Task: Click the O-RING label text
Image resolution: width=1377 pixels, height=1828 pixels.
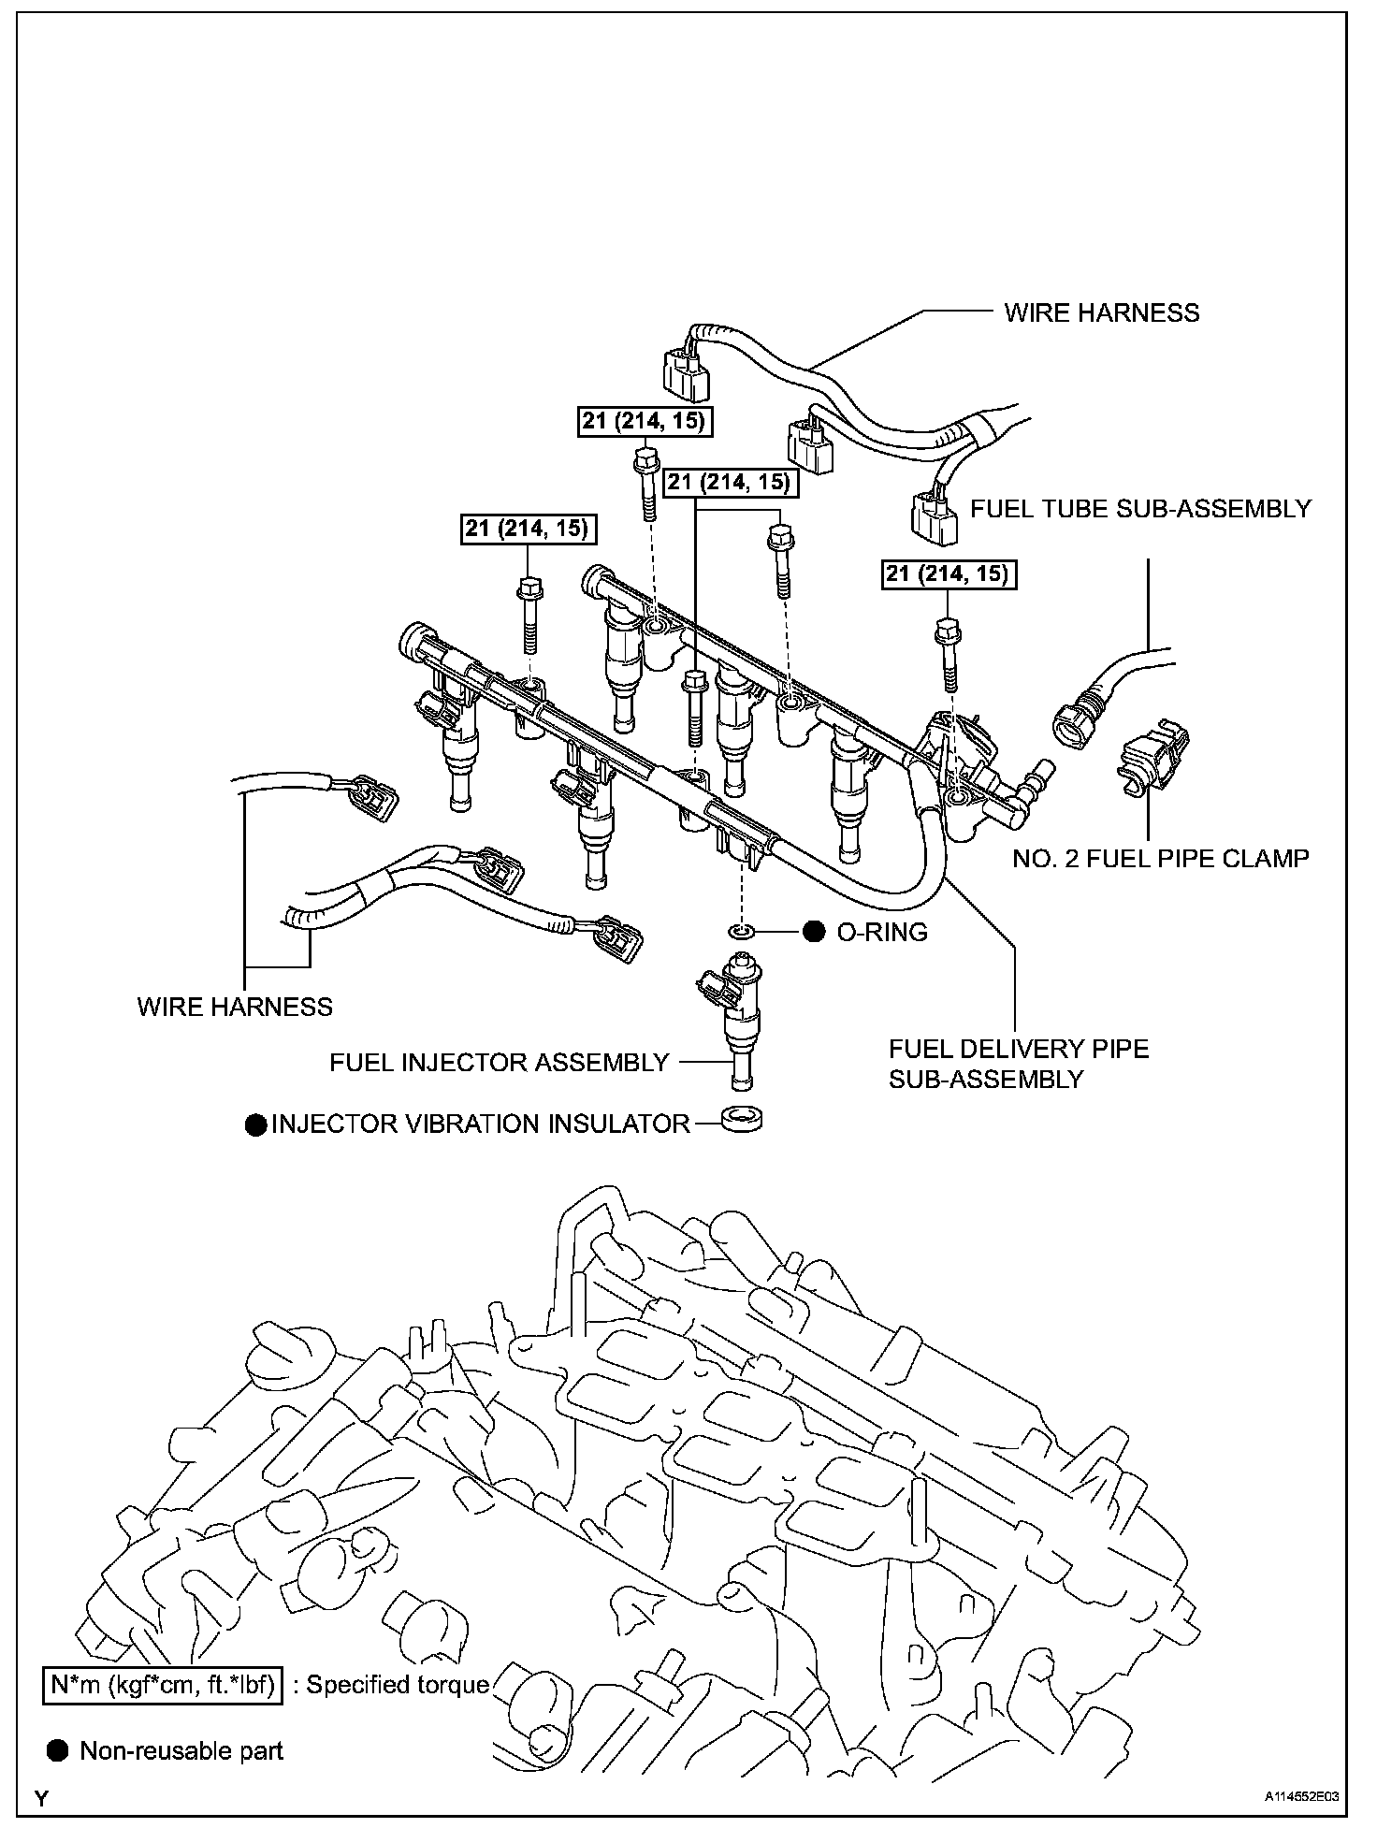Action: (x=882, y=932)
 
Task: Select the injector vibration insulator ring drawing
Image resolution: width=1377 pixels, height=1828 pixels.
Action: (x=743, y=1119)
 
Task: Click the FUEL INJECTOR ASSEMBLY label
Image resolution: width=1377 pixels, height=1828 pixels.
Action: (x=500, y=1063)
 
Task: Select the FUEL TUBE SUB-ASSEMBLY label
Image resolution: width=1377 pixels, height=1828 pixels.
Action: (x=1140, y=509)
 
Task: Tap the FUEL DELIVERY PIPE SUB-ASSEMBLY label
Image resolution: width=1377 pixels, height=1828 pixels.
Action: (x=1019, y=1064)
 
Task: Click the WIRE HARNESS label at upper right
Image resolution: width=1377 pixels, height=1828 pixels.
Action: (x=1102, y=312)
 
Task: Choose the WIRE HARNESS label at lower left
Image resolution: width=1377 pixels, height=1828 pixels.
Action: (x=235, y=1007)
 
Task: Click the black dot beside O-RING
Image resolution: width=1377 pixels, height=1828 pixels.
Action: (x=814, y=932)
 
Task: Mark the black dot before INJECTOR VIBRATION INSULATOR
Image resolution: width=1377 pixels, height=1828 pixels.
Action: (x=255, y=1124)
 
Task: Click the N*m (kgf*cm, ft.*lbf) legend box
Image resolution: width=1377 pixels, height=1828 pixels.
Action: (x=163, y=1685)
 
